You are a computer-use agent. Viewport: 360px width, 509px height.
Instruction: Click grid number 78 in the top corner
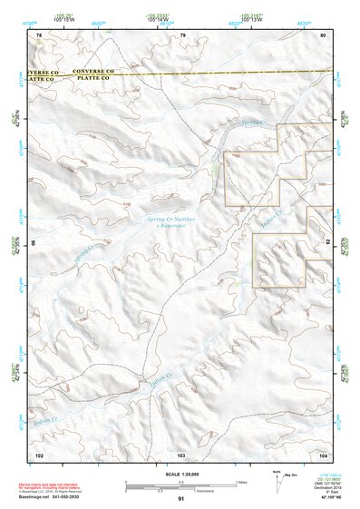38,34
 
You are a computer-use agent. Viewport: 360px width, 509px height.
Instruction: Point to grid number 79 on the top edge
182,34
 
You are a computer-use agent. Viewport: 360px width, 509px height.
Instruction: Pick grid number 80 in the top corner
324,34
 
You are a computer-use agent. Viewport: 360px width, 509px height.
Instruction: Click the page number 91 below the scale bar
181,499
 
